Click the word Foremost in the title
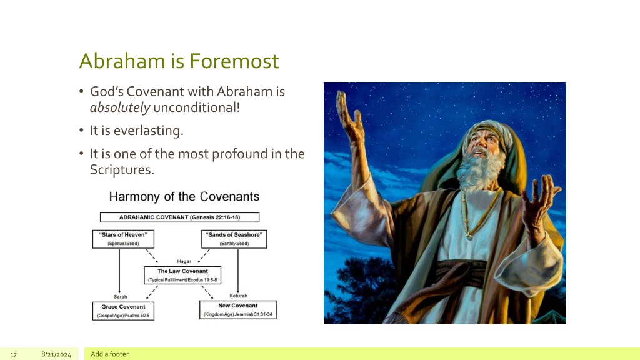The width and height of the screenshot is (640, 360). [234, 61]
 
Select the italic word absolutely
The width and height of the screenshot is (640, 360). [120, 107]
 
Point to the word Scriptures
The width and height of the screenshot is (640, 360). [122, 169]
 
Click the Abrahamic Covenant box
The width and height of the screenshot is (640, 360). [179, 217]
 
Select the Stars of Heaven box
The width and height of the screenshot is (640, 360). [123, 239]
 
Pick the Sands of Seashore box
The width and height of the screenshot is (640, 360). [234, 239]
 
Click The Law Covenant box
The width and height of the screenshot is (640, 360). [182, 276]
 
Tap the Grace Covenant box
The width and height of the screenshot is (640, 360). [123, 311]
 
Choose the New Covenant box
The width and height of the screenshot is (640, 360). [238, 310]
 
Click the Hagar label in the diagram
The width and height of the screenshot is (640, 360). [184, 261]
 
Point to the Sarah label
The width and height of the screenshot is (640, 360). [121, 297]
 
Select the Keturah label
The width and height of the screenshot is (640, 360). [238, 296]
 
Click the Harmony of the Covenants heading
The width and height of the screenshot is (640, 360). [184, 197]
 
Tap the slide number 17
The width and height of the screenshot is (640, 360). [14, 355]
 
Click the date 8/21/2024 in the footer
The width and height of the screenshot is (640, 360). [56, 354]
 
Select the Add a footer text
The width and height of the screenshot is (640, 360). [109, 354]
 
